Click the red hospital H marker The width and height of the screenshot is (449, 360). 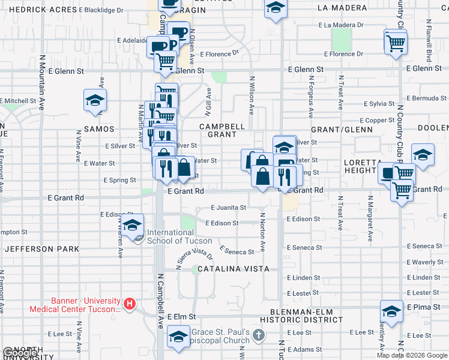pyautogui.click(x=128, y=303)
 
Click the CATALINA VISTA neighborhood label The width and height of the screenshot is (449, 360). pyautogui.click(x=232, y=269)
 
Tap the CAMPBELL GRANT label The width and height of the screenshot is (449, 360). pyautogui.click(x=222, y=131)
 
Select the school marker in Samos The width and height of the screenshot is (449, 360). pyautogui.click(x=95, y=101)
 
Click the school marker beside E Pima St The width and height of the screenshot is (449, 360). pyautogui.click(x=391, y=311)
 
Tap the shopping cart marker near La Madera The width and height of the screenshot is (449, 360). pyautogui.click(x=396, y=43)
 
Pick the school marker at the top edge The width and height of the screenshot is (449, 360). pyautogui.click(x=275, y=8)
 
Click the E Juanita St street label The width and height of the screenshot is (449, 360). pyautogui.click(x=228, y=208)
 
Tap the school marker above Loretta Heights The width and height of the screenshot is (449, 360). pyautogui.click(x=423, y=155)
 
